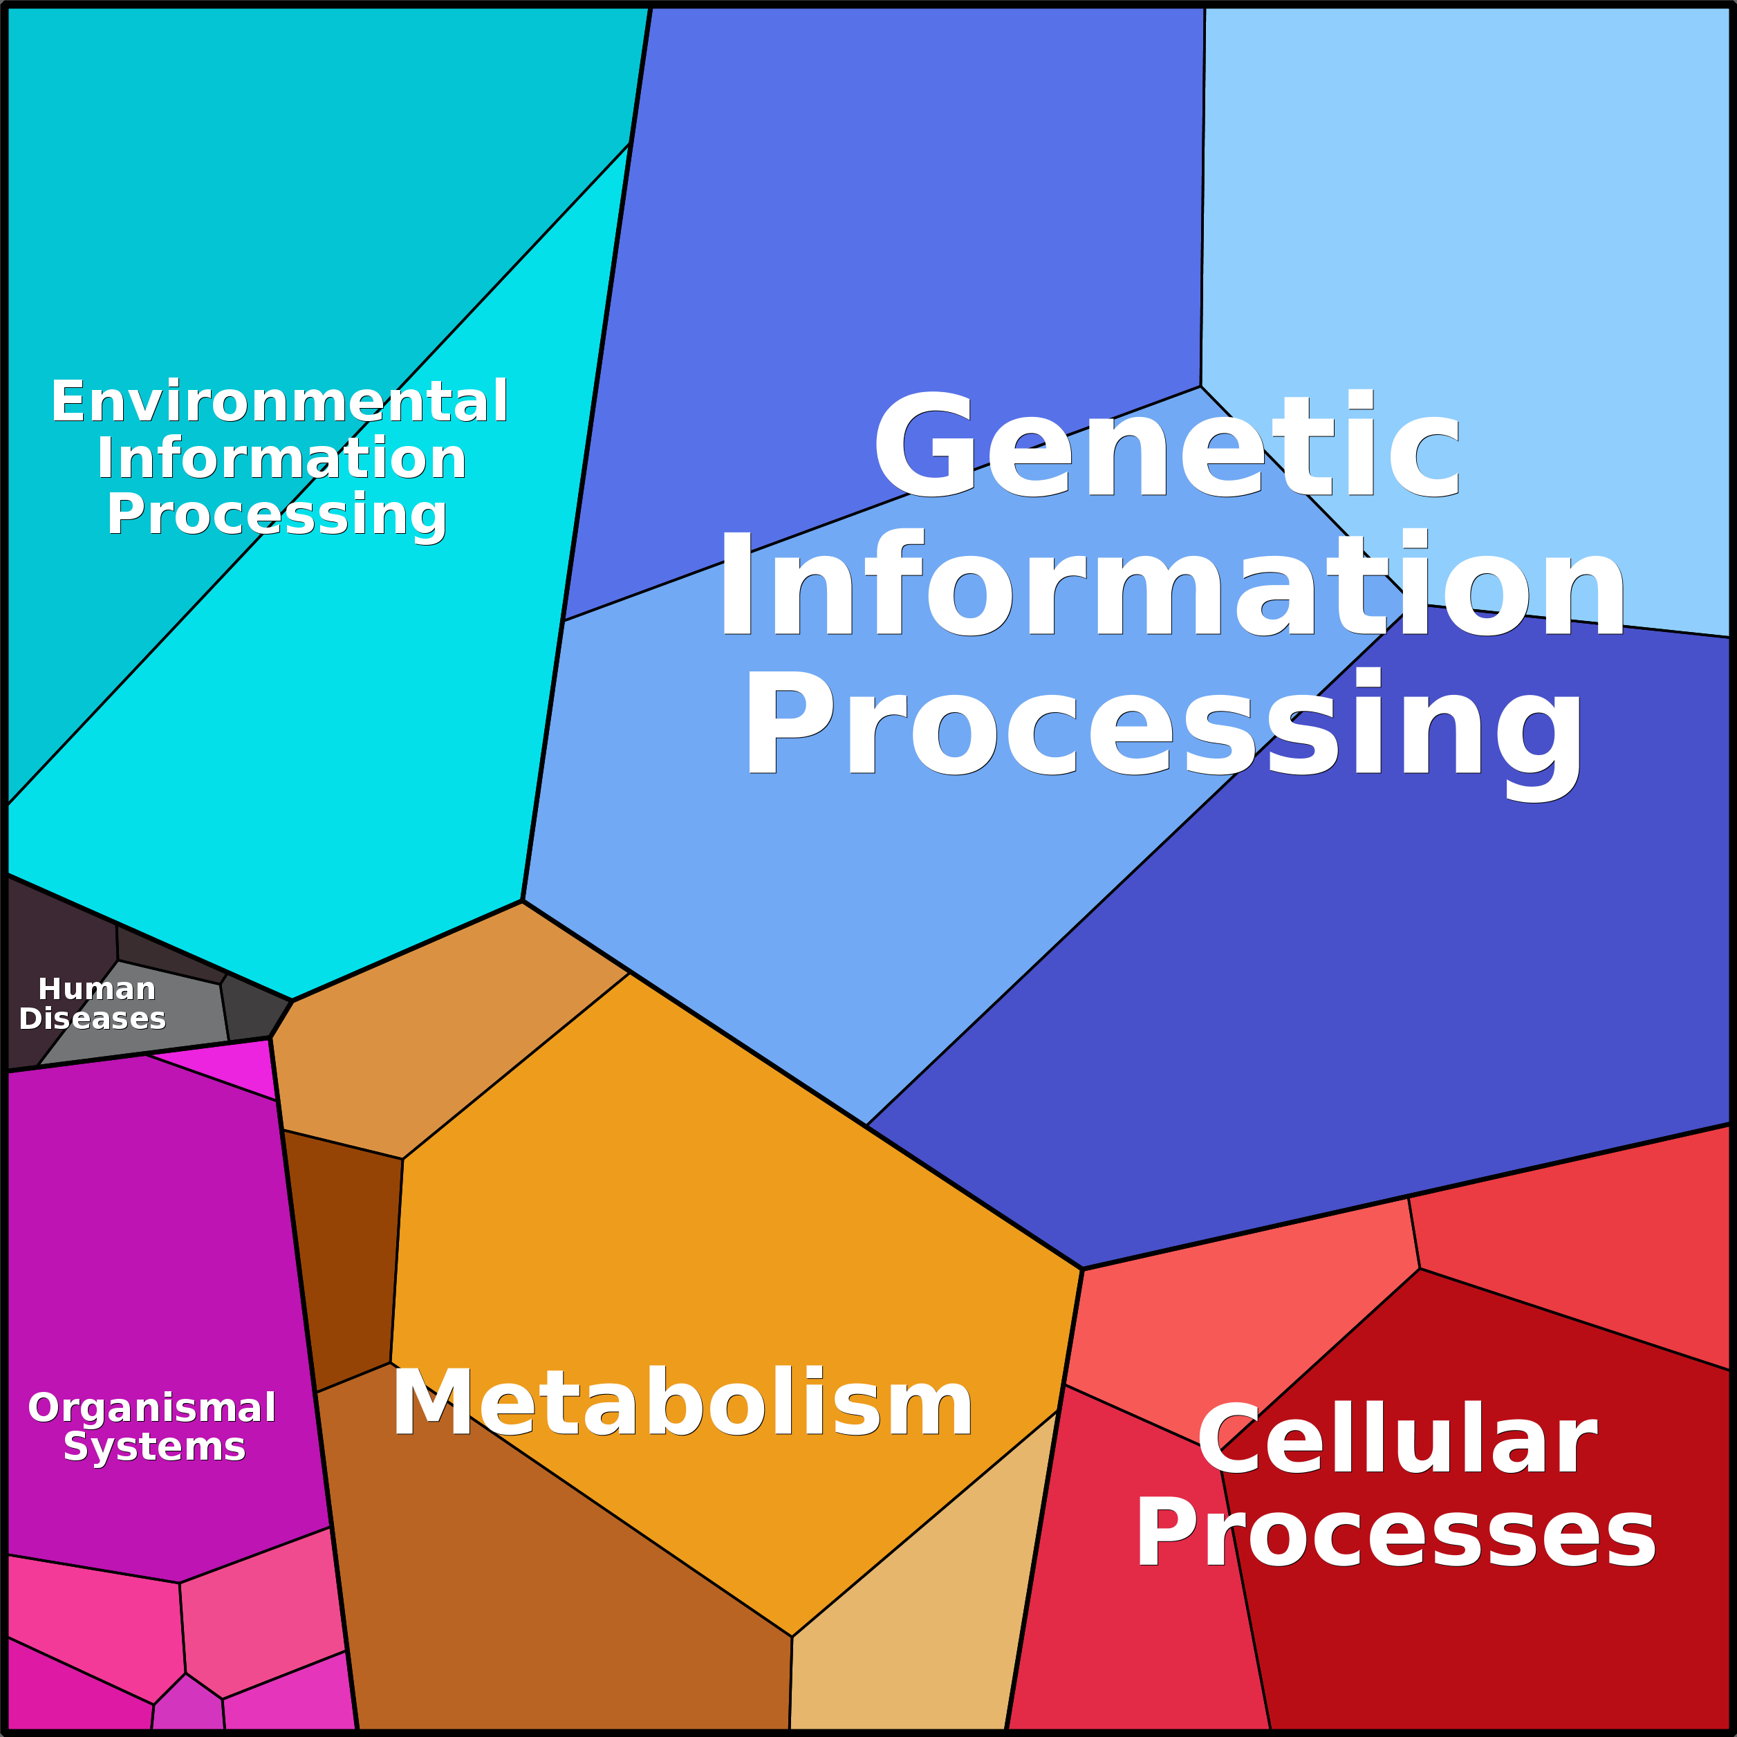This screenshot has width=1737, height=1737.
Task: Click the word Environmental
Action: click(x=279, y=401)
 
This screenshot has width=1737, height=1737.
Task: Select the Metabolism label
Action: click(x=682, y=1404)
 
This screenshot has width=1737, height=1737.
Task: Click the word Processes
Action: click(x=1395, y=1534)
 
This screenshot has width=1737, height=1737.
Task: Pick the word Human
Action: click(x=96, y=989)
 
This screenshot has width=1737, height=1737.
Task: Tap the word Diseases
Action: click(x=93, y=1019)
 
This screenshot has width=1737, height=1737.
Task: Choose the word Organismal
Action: click(x=152, y=1408)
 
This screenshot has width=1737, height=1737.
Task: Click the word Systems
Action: click(x=154, y=1447)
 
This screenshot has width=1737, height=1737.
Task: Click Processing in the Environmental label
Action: click(x=277, y=514)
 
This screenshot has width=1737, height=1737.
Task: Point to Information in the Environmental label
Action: click(x=281, y=458)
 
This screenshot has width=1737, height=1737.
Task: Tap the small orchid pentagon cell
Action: click(x=187, y=1708)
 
